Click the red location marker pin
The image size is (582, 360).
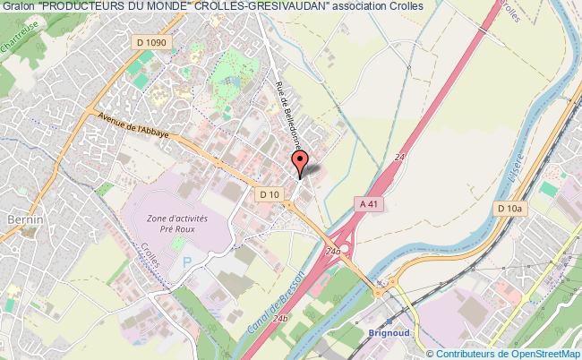coord(300,160)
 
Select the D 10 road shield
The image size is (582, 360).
coord(269,193)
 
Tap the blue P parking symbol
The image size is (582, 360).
coord(187,261)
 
